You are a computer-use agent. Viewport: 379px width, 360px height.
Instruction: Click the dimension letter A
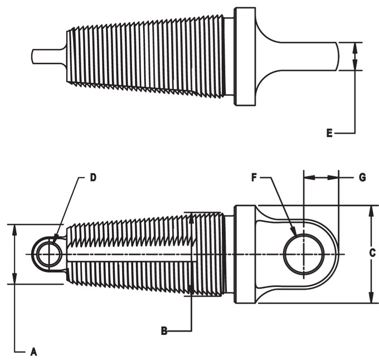point(33,352)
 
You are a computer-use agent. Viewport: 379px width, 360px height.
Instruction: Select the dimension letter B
point(164,331)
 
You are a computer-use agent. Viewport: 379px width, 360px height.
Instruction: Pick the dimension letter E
point(329,133)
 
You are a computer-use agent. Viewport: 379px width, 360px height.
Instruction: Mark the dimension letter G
point(362,177)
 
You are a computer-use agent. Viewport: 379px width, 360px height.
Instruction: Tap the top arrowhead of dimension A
point(14,227)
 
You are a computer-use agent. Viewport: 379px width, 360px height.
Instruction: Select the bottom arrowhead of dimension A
point(14,280)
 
